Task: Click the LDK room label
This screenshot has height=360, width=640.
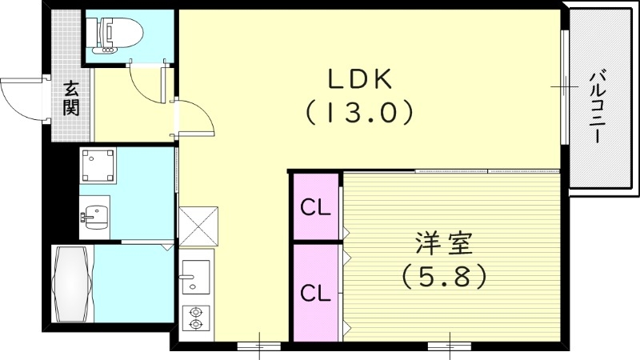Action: click(358, 79)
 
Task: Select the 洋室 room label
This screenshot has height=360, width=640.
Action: click(444, 242)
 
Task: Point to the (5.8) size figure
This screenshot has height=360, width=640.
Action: click(444, 277)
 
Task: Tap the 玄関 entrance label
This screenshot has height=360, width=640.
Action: click(70, 98)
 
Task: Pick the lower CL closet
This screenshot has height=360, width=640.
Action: click(315, 293)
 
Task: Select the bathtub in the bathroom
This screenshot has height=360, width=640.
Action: click(72, 284)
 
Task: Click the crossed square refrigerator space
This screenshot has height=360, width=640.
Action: click(197, 227)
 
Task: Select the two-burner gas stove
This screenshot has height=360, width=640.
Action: click(194, 318)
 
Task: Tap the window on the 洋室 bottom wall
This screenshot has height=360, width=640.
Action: click(450, 346)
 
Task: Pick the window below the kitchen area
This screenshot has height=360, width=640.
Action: click(259, 346)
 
